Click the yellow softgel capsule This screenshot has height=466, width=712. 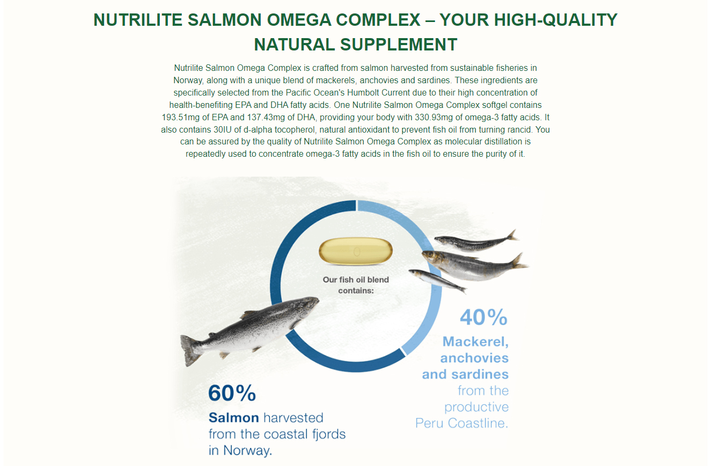[x=356, y=251]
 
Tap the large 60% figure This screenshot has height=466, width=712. [x=232, y=393]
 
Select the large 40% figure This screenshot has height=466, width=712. [x=484, y=317]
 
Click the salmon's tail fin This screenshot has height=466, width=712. [x=190, y=351]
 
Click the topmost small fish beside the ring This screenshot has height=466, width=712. [x=477, y=242]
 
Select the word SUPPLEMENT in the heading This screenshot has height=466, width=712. [x=399, y=45]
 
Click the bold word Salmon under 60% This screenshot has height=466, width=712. [x=233, y=418]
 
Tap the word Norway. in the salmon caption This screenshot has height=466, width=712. [x=247, y=450]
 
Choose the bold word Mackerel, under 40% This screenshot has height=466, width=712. [x=475, y=341]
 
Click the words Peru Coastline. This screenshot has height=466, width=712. [x=462, y=423]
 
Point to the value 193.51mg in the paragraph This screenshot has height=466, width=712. [x=180, y=118]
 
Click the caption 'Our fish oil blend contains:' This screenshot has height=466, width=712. [x=356, y=285]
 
